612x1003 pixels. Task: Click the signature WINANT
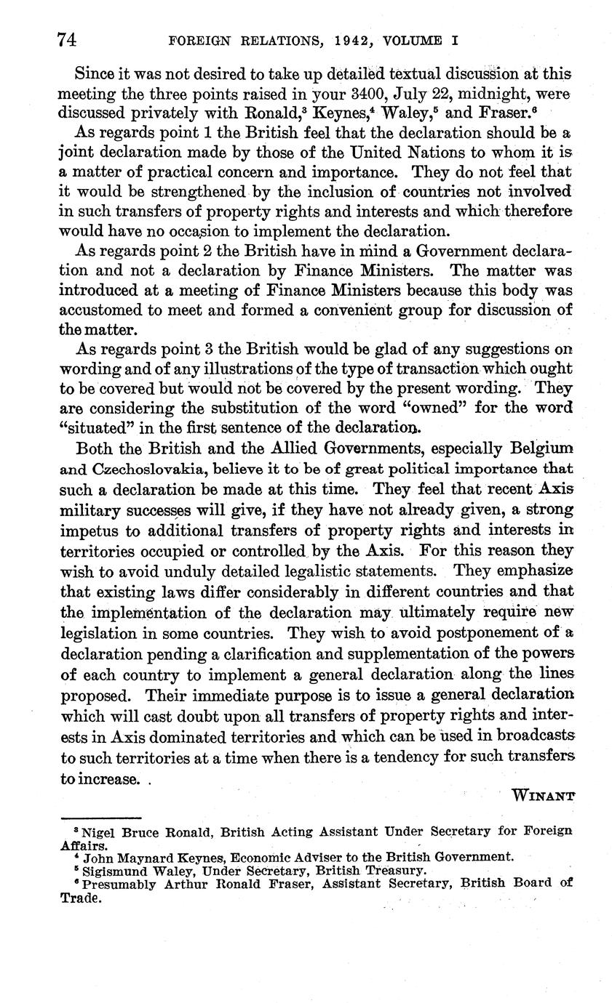pos(544,794)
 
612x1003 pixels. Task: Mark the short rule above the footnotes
pos(101,818)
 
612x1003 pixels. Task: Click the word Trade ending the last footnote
pos(79,898)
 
